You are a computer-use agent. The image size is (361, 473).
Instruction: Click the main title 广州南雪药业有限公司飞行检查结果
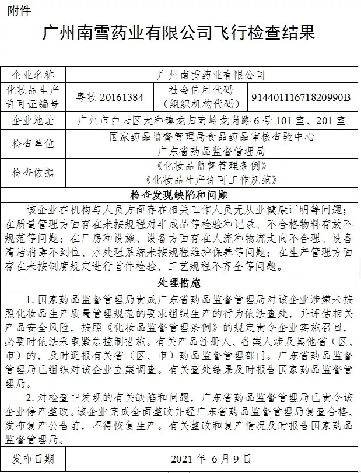(180, 32)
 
